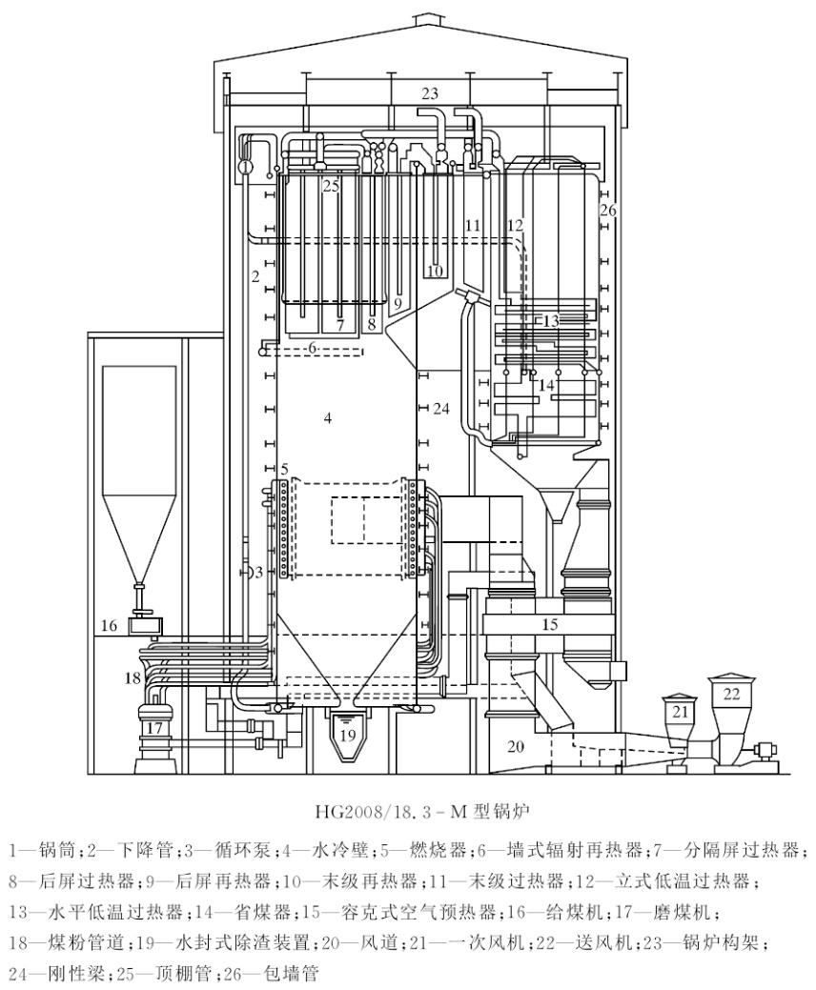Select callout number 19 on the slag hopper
pos(348,735)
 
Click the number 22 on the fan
pos(731,695)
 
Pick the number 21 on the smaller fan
pos(679,712)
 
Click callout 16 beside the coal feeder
pos(111,626)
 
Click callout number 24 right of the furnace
pos(439,409)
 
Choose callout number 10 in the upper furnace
pos(435,271)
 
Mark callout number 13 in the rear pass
pos(549,321)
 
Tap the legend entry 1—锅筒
pos(34,846)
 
